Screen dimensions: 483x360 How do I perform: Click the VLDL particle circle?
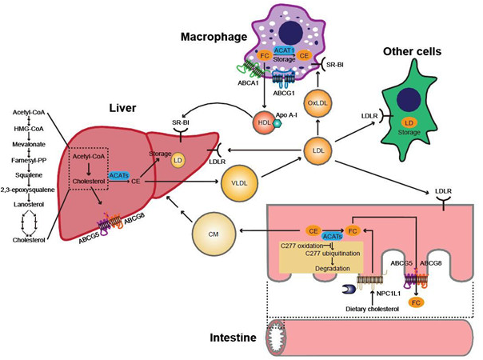pos(239,182)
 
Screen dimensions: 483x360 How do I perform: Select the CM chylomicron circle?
pos(214,234)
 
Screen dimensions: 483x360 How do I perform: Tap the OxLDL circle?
pos(318,103)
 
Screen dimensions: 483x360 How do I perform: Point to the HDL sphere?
pos(265,122)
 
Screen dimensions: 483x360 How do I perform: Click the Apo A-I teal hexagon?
pos(278,123)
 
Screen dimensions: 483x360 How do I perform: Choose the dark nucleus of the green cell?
pos(409,100)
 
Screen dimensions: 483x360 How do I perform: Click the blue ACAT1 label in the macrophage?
pos(284,50)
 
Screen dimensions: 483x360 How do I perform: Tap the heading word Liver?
pos(122,108)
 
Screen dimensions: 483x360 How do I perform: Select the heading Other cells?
pos(412,51)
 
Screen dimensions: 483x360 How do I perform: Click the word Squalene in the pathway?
pos(29,175)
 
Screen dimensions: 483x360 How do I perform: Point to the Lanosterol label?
pos(29,204)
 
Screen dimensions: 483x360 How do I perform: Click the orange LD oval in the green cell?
pos(409,123)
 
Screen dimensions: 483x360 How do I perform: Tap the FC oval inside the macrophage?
pos(265,56)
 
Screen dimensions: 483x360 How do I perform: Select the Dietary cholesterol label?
pos(372,309)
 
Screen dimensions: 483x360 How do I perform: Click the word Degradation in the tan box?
pos(333,269)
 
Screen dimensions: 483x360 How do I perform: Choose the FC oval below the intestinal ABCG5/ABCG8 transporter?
pos(416,302)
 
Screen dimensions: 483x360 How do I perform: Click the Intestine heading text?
pos(233,338)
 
